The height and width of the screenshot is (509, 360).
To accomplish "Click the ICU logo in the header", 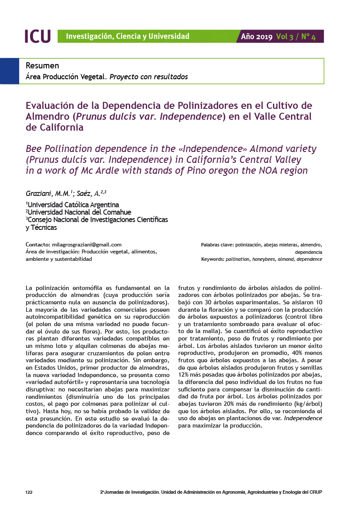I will pyautogui.click(x=37, y=36).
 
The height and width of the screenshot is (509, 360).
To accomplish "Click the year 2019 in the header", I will pyautogui.click(x=264, y=37).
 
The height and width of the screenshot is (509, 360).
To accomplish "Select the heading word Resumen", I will pyautogui.click(x=42, y=66).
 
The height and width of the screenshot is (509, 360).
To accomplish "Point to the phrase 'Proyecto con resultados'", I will pyautogui.click(x=148, y=77).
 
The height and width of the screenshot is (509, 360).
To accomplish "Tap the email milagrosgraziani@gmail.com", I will pyautogui.click(x=87, y=245).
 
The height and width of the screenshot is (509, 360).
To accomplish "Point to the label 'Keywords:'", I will pyautogui.click(x=212, y=259).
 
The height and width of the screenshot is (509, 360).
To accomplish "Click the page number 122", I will pyautogui.click(x=29, y=492).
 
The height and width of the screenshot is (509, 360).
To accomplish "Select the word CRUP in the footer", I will pyautogui.click(x=315, y=492).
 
